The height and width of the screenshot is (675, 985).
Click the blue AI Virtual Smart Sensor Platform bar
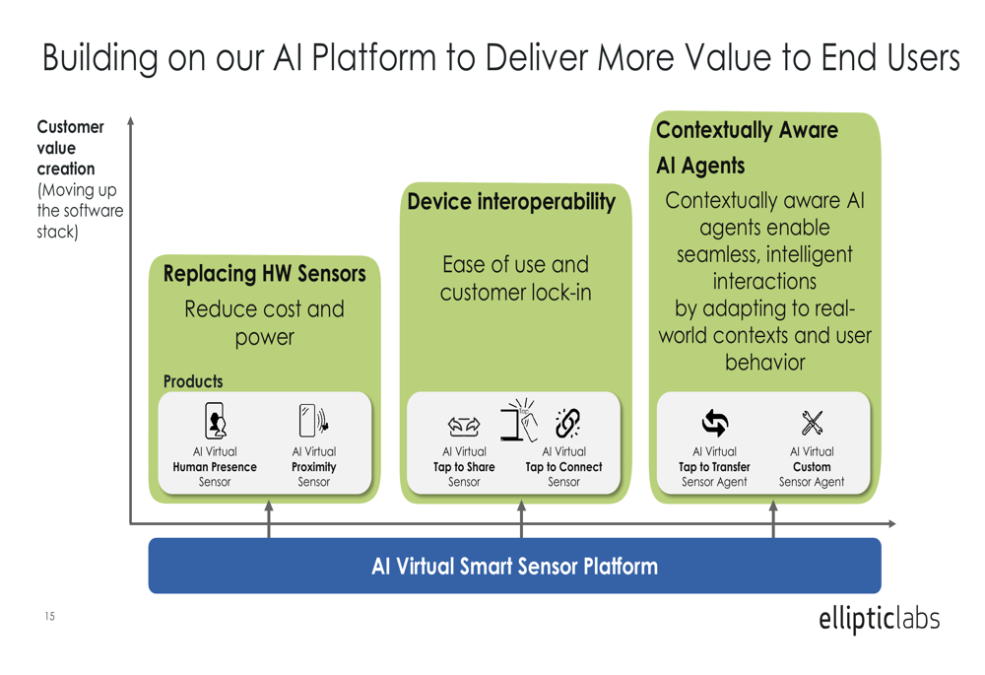pos(514,566)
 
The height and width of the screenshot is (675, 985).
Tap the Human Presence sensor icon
pos(216,421)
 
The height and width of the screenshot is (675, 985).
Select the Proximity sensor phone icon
pos(313,420)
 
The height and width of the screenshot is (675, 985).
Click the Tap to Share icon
pos(464,427)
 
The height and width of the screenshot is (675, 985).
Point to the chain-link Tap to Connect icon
pos(567,423)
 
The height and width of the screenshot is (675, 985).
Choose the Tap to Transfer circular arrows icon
pos(715,423)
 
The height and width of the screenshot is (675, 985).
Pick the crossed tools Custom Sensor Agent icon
pos(812,423)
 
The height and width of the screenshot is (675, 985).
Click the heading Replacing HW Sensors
pos(264,274)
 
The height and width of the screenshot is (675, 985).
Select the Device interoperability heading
pos(511,202)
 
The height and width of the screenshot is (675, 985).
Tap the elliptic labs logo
pos(879,619)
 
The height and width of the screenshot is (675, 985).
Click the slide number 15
pos(49,616)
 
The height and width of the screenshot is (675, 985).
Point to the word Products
pos(193,381)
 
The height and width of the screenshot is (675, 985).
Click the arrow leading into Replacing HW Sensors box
pos(269,519)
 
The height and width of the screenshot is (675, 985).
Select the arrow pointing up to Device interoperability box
pos(521,519)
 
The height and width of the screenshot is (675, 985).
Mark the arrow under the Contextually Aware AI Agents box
pos(773,519)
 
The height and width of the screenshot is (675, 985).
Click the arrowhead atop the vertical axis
pos(131,120)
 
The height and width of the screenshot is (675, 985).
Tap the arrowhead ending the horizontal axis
pos(891,523)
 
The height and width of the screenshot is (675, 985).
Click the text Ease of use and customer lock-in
pos(516,279)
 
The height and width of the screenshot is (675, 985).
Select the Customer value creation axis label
pos(70,148)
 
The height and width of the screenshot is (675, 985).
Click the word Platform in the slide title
pos(374,58)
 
